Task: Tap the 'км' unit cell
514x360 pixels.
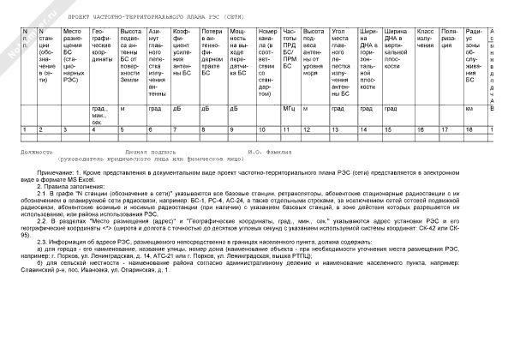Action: [x=469, y=109]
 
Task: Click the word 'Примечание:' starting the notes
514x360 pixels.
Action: [x=58, y=173]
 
